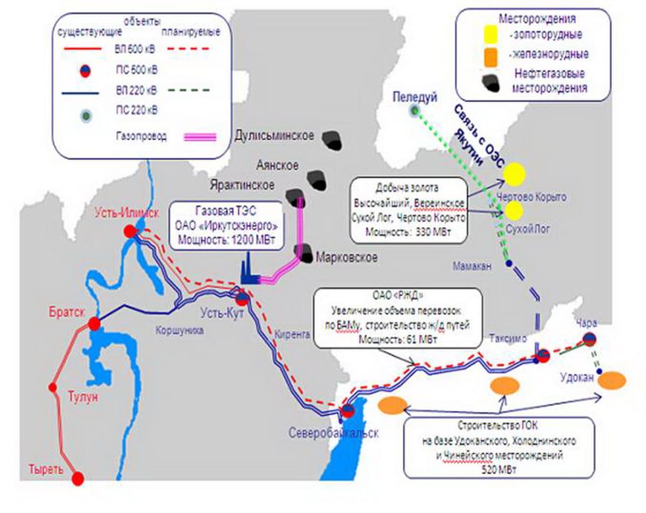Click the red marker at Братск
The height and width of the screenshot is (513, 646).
[95, 324]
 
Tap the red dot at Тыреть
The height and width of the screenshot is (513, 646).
[78, 478]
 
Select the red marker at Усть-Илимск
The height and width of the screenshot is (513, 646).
[130, 232]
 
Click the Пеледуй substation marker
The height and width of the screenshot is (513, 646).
[414, 111]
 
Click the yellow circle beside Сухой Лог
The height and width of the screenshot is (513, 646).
[514, 211]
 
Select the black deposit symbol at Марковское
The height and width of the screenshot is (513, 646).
[304, 252]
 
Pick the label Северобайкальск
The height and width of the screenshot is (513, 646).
[334, 433]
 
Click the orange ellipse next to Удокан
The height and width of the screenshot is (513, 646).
[612, 380]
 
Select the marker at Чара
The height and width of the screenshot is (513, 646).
[589, 339]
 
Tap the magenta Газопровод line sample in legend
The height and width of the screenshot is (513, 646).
[200, 137]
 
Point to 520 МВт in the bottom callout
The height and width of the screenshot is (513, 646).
[500, 467]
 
